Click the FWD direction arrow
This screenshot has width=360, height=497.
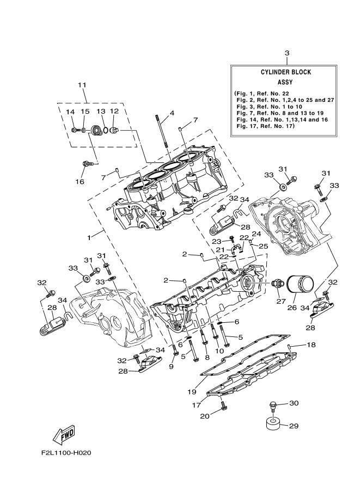pyautogui.click(x=64, y=434)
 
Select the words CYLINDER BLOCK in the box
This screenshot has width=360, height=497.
pyautogui.click(x=285, y=72)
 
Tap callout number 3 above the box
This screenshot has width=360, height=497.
pyautogui.click(x=286, y=53)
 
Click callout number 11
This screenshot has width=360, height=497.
pyautogui.click(x=82, y=85)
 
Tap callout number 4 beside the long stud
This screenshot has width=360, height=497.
pyautogui.click(x=172, y=113)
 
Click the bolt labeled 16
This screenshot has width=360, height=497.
pyautogui.click(x=86, y=163)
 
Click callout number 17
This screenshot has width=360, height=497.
pyautogui.click(x=196, y=404)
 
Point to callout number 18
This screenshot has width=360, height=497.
pyautogui.click(x=311, y=345)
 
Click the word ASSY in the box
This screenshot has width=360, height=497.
pyautogui.click(x=285, y=82)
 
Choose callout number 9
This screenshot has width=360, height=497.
pyautogui.click(x=171, y=366)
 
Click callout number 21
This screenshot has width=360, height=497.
pyautogui.click(x=222, y=249)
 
